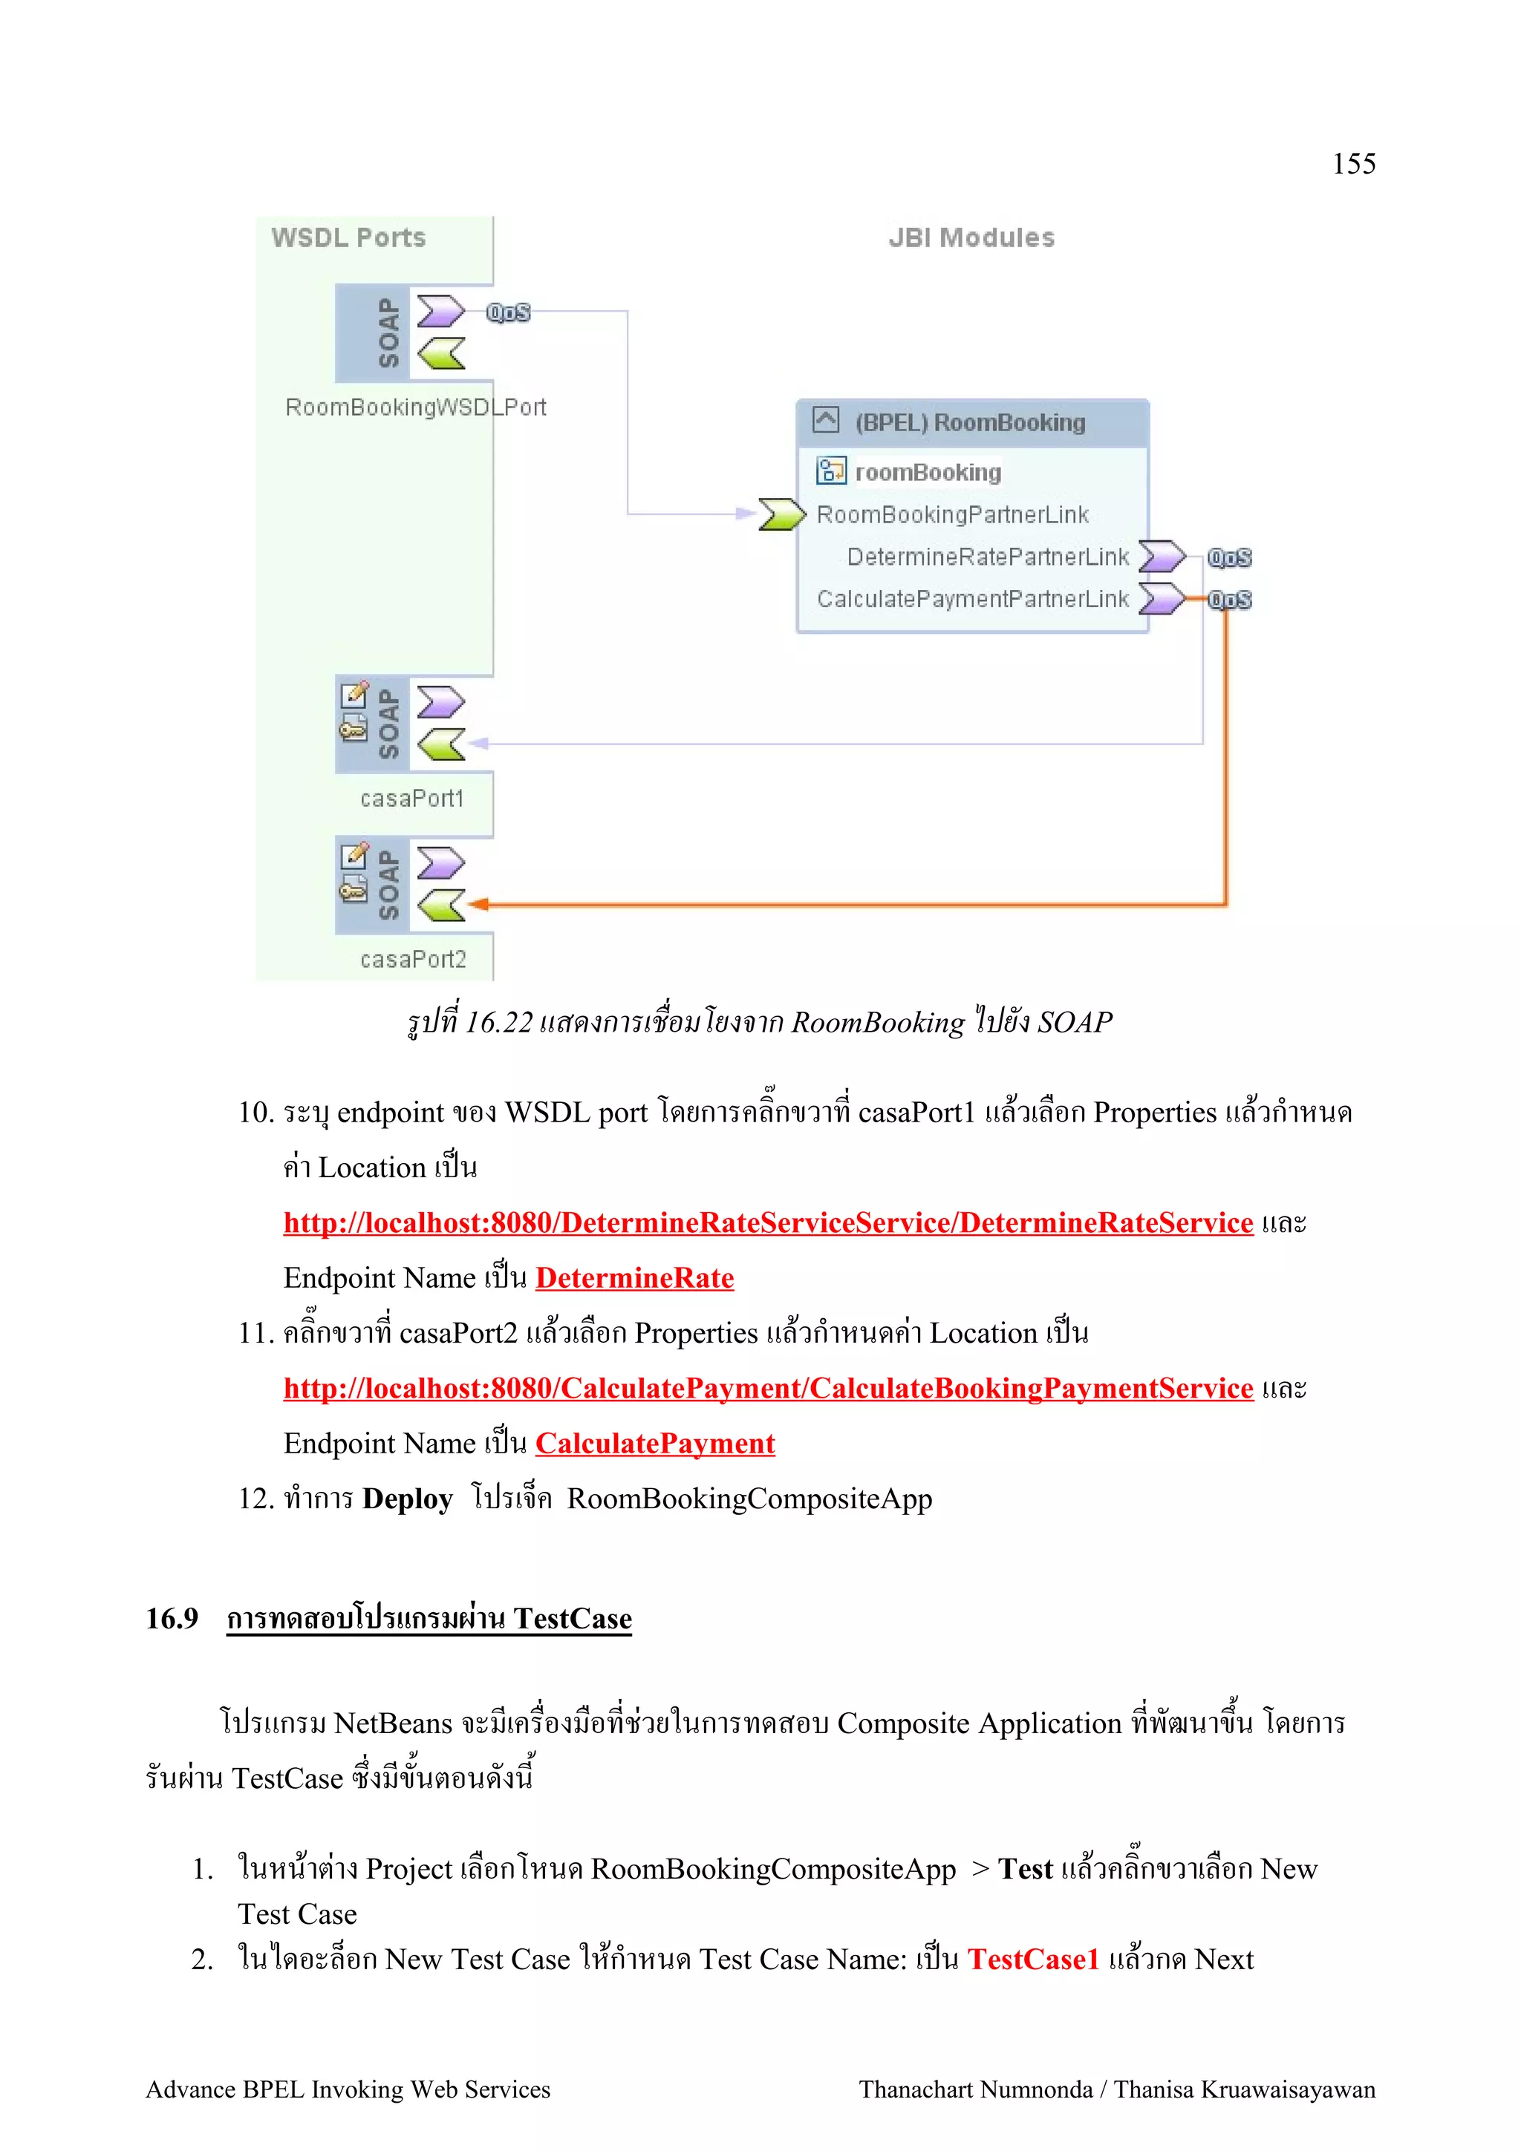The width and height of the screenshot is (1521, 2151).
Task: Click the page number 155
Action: [1353, 164]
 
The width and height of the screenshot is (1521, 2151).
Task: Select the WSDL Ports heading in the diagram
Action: [348, 238]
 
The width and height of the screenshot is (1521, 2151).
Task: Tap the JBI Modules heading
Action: [971, 238]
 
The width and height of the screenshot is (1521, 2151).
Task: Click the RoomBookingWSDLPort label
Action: [415, 407]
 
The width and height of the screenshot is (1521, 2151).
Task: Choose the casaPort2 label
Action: [413, 959]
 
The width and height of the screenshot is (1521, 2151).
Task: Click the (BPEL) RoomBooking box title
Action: [970, 422]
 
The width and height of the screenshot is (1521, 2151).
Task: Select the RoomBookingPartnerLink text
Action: [952, 514]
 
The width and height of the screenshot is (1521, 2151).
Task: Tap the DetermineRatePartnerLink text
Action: [988, 557]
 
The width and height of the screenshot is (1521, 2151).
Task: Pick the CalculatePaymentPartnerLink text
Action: [973, 599]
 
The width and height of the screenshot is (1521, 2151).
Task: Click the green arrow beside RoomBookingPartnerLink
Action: [781, 514]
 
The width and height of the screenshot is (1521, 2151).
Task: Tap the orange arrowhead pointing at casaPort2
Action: [479, 904]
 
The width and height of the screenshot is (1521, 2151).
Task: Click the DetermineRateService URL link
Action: [767, 1222]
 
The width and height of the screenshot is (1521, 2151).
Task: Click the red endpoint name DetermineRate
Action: [634, 1278]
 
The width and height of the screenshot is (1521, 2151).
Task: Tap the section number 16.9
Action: [172, 1618]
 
